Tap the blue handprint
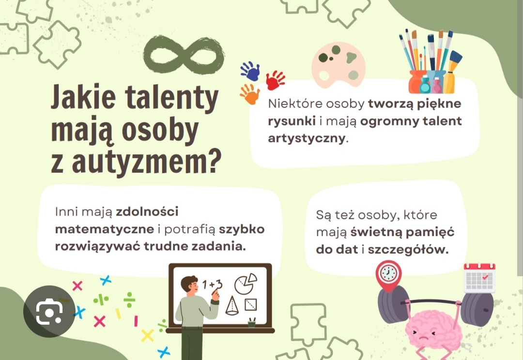250,71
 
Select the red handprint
275,80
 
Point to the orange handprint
249,94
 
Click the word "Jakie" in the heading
83,97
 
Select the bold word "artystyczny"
307,138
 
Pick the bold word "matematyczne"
105,229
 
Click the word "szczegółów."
408,250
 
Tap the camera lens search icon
49,312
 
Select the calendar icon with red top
479,278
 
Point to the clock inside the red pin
388,273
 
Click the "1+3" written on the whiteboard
212,285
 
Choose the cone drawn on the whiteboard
232,306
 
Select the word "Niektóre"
295,104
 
